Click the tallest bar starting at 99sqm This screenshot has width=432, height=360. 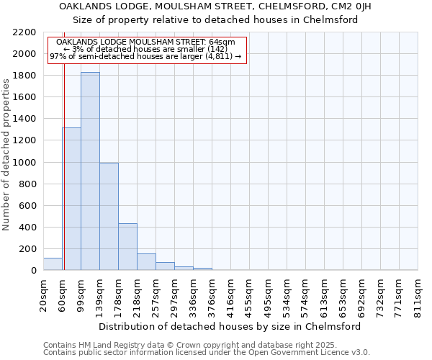click(x=90, y=171)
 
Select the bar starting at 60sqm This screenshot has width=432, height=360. click(x=71, y=199)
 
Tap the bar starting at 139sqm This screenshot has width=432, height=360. click(x=109, y=216)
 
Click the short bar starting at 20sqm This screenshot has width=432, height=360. click(x=53, y=264)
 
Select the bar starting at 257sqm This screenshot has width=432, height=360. click(x=165, y=266)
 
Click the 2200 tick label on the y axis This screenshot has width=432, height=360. click(x=24, y=32)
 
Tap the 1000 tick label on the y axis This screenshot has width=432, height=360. click(x=24, y=163)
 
